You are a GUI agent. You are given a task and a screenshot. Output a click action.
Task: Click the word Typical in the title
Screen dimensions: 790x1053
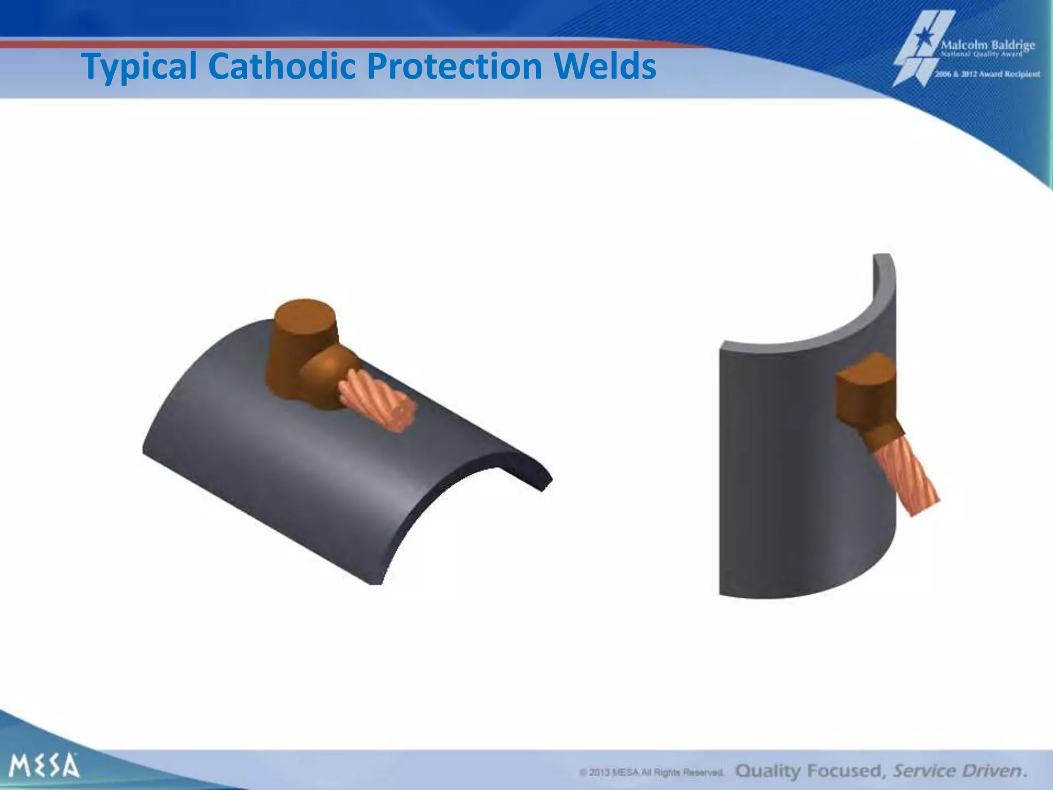coord(139,67)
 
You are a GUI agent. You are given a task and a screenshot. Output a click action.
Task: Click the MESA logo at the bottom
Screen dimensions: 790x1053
coord(45,765)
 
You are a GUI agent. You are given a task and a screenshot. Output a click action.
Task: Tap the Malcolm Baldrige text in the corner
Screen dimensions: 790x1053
coord(987,45)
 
